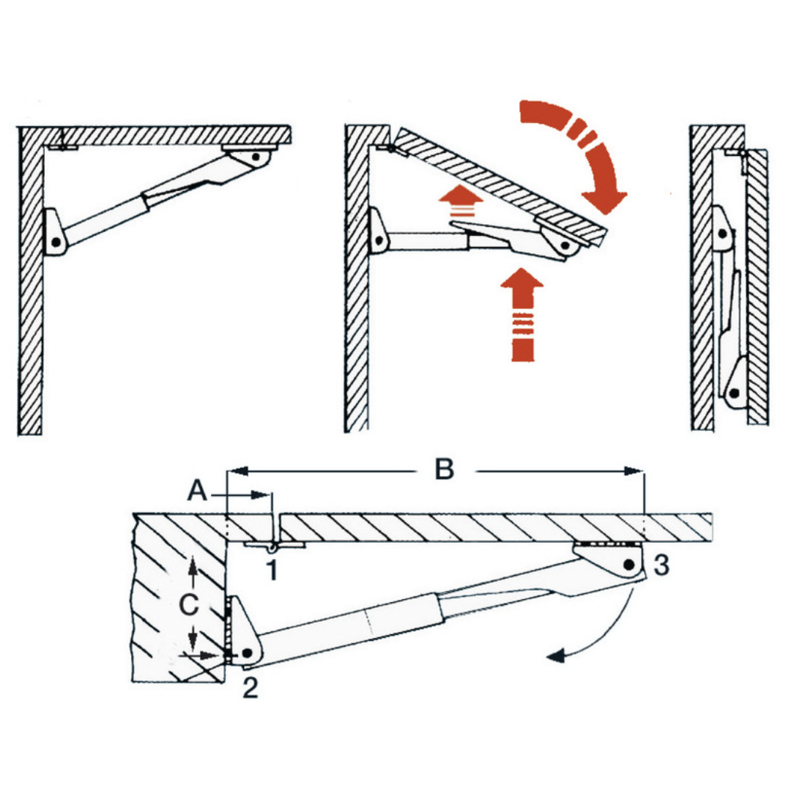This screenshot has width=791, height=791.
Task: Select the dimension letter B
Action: pyautogui.click(x=444, y=469)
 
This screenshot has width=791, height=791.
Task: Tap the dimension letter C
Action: pyautogui.click(x=189, y=605)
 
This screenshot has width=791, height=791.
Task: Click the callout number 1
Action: pyautogui.click(x=272, y=569)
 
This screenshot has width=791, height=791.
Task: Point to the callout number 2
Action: pyautogui.click(x=250, y=688)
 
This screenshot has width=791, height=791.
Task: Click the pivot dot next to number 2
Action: pyautogui.click(x=248, y=651)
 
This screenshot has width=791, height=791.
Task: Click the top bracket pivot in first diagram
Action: pyautogui.click(x=256, y=156)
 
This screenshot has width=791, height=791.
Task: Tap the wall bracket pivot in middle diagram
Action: pyautogui.click(x=377, y=239)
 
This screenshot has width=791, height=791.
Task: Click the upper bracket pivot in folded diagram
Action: pyautogui.click(x=722, y=234)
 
